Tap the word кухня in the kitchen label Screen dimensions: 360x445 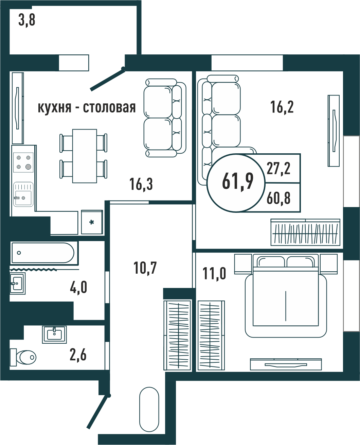(54, 108)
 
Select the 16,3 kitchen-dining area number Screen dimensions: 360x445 (141, 184)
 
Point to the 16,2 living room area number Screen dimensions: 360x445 (282, 107)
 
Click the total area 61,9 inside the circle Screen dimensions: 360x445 (238, 181)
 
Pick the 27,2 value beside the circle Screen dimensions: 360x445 (278, 168)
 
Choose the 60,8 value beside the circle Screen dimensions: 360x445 (278, 198)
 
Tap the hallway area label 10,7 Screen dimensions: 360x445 (145, 268)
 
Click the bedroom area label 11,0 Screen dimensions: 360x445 (214, 274)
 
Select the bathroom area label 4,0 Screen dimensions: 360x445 (78, 287)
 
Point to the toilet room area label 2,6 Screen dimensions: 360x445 (78, 355)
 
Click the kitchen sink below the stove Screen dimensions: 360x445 (23, 194)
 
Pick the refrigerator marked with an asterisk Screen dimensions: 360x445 (92, 222)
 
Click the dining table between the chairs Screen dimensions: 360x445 (85, 156)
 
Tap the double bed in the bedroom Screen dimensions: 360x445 (286, 295)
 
